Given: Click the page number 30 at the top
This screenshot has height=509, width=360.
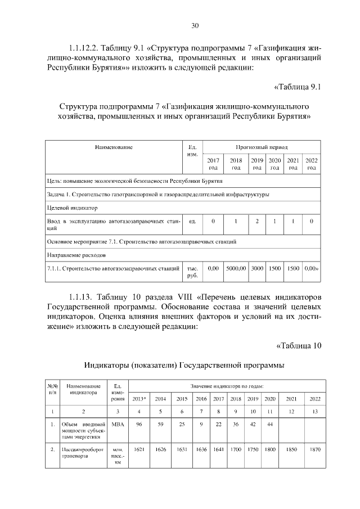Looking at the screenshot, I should (x=195, y=25).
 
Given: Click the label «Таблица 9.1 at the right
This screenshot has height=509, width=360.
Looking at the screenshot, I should (x=297, y=87).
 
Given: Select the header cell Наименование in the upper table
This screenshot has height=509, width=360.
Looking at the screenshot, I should (x=114, y=147).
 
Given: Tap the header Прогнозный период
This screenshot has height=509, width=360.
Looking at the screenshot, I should (x=262, y=146).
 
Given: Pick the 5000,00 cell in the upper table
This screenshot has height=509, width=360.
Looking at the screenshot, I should (x=236, y=269).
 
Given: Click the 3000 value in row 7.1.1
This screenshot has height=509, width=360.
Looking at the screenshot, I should (x=257, y=269).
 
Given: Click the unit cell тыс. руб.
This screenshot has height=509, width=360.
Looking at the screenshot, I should (x=192, y=272).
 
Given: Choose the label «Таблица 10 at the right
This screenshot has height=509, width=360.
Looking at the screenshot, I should (x=299, y=345).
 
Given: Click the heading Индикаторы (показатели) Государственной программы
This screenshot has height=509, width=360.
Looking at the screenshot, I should (x=184, y=366).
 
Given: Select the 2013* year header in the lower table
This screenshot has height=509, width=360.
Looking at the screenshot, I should (x=139, y=398).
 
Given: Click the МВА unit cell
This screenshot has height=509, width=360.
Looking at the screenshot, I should (x=118, y=424).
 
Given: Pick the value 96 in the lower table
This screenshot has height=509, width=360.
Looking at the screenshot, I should (x=139, y=424).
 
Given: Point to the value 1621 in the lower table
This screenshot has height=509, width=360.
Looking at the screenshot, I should (x=139, y=451).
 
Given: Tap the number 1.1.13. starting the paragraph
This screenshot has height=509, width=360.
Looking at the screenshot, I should (x=79, y=296).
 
